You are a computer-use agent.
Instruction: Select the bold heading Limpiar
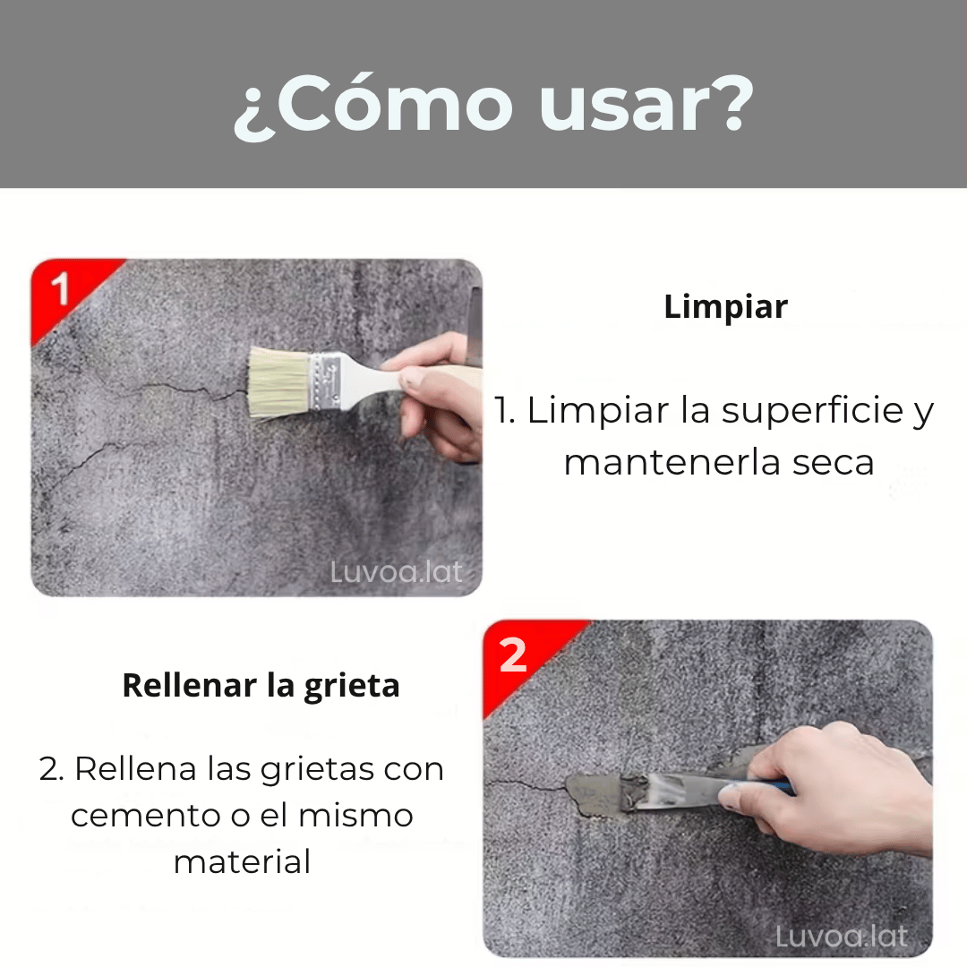pos(725,307)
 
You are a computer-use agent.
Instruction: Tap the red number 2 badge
pos(513,656)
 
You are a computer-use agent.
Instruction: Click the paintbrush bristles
pos(278,383)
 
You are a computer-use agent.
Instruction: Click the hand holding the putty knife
pos(833,783)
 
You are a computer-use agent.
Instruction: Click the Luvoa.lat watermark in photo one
pos(397,571)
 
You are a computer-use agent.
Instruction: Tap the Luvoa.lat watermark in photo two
pos(841,937)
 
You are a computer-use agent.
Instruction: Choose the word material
pos(242,862)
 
